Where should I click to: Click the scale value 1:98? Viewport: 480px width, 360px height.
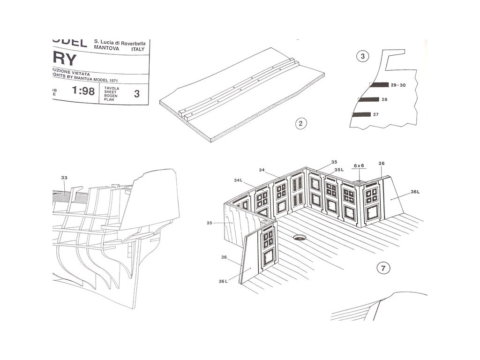[83, 91]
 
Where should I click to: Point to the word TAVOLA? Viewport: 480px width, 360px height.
[112, 88]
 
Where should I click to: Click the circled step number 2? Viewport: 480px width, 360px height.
[301, 124]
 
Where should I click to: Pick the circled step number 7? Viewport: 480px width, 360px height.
[383, 268]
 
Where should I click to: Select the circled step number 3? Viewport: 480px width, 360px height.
[362, 56]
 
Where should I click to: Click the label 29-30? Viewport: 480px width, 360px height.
[398, 85]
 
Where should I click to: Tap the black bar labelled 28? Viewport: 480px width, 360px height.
[368, 99]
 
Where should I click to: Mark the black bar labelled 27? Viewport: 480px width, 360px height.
[361, 114]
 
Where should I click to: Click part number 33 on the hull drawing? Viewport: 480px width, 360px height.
[64, 178]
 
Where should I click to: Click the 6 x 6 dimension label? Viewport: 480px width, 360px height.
[359, 165]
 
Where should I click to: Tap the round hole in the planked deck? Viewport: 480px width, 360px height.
[299, 238]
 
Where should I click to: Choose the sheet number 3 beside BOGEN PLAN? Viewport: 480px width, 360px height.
[136, 93]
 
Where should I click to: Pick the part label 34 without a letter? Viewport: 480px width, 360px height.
[262, 170]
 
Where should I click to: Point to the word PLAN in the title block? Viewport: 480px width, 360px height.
[109, 100]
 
